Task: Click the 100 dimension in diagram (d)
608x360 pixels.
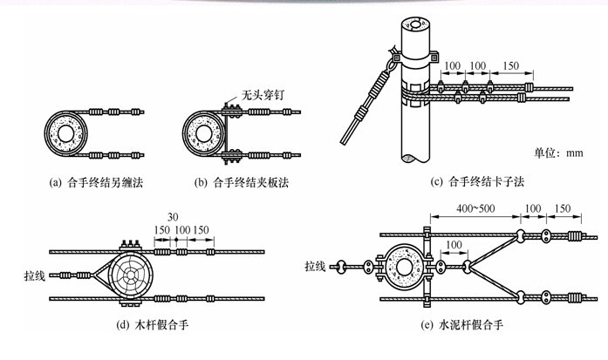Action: [x=182, y=230]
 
